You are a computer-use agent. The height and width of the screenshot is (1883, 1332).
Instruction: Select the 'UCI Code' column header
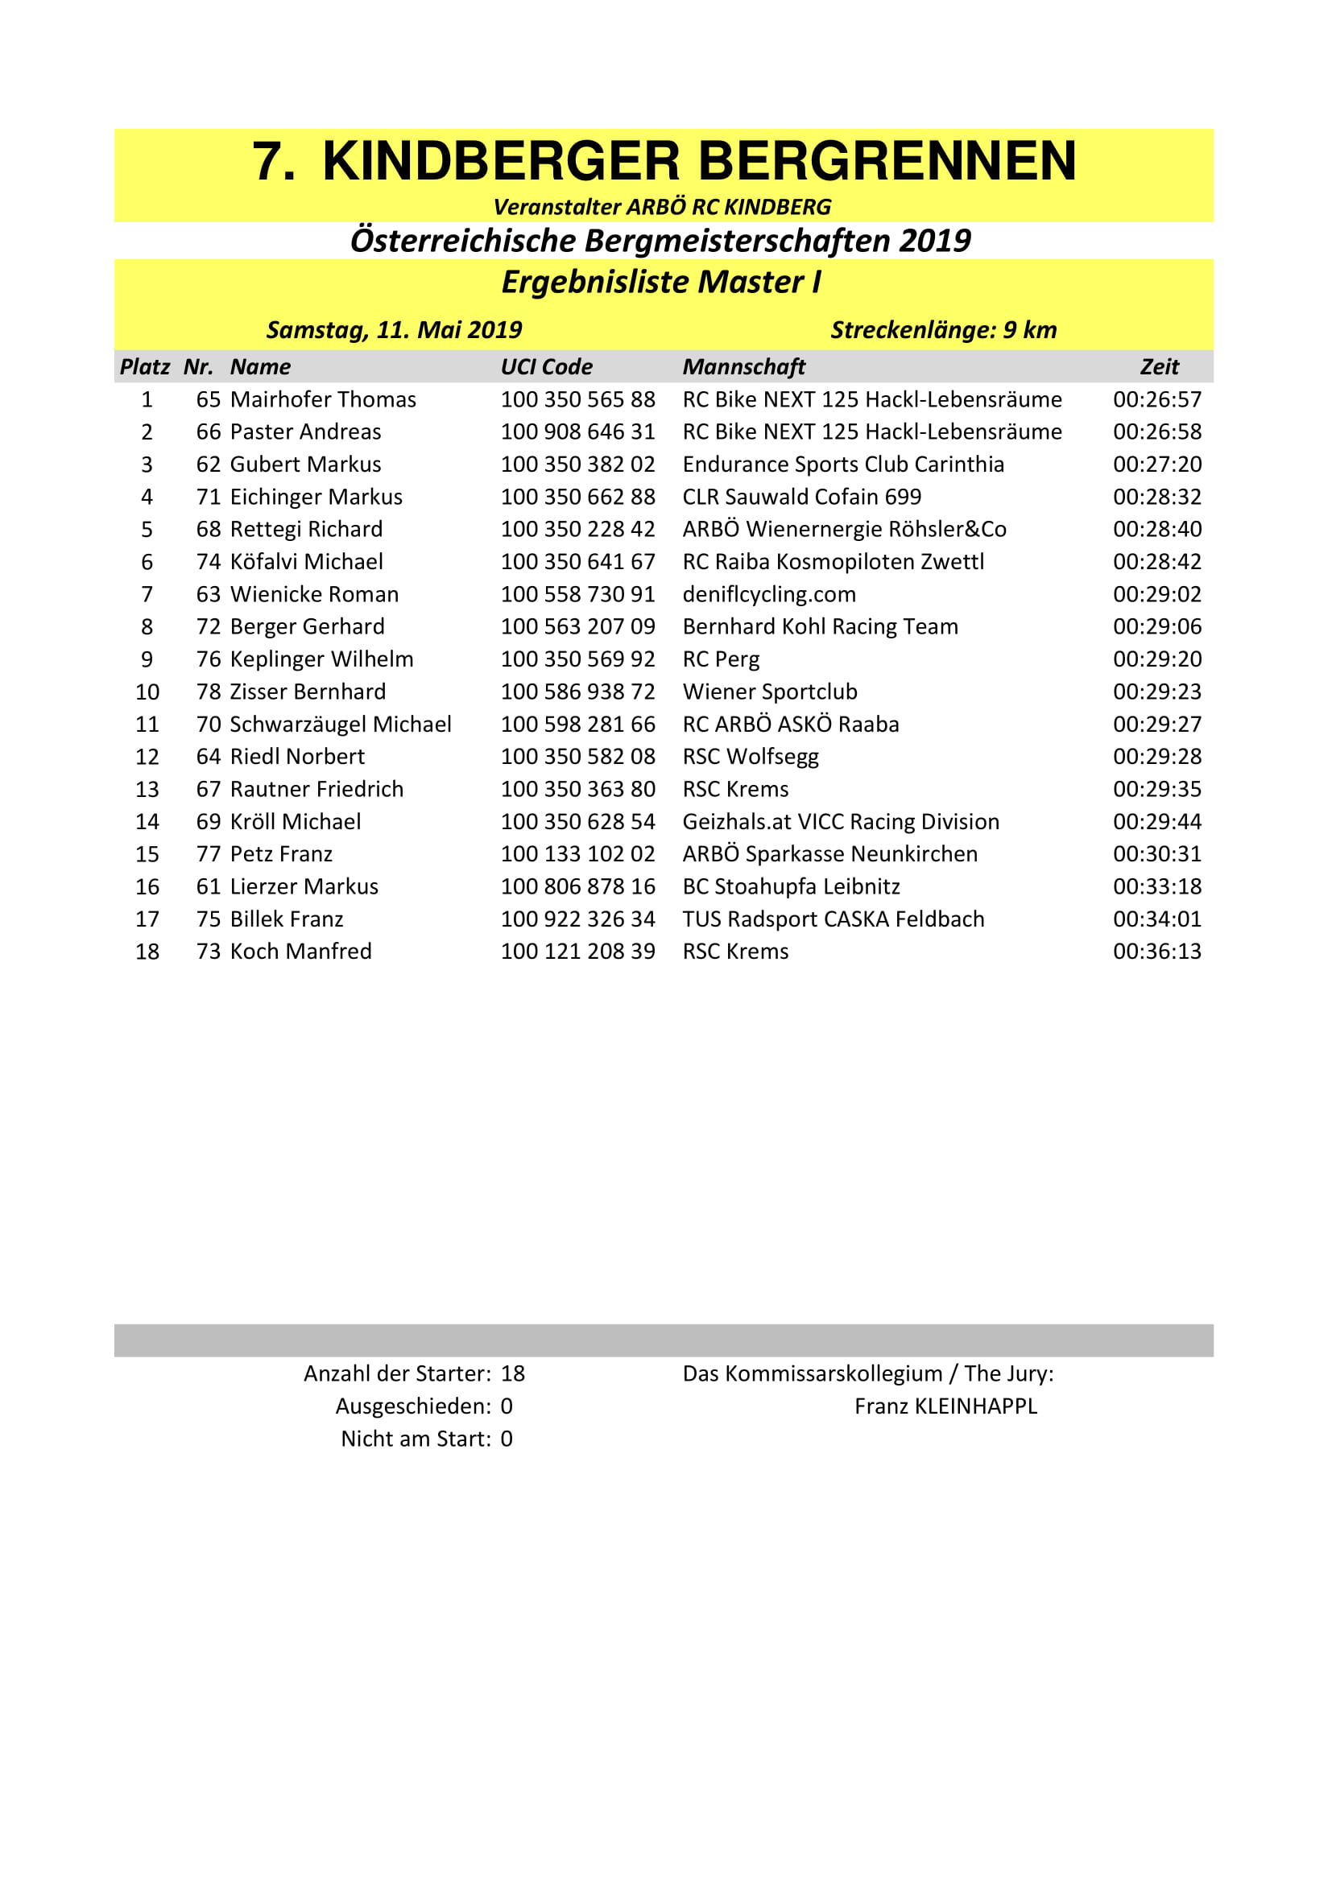pos(546,366)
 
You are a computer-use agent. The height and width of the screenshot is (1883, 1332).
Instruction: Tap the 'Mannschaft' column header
pos(743,366)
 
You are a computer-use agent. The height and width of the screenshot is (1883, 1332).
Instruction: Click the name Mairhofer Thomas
pos(323,399)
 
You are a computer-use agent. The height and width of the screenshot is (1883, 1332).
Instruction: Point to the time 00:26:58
pos(1156,432)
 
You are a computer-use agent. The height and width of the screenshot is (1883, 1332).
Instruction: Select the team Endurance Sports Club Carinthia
pos(842,465)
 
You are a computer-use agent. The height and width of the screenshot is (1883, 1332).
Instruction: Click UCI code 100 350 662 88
pos(577,497)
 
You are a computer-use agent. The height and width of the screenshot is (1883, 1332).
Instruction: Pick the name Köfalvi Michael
pos(306,562)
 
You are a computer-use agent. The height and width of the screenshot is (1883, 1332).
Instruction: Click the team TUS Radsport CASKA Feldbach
pos(833,919)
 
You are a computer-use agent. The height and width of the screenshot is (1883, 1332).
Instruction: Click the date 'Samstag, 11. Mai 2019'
pos(394,330)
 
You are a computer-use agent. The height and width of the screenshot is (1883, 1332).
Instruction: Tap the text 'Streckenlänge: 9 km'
pos(943,330)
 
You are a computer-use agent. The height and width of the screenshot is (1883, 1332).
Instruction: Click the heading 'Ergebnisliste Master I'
pos(661,282)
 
